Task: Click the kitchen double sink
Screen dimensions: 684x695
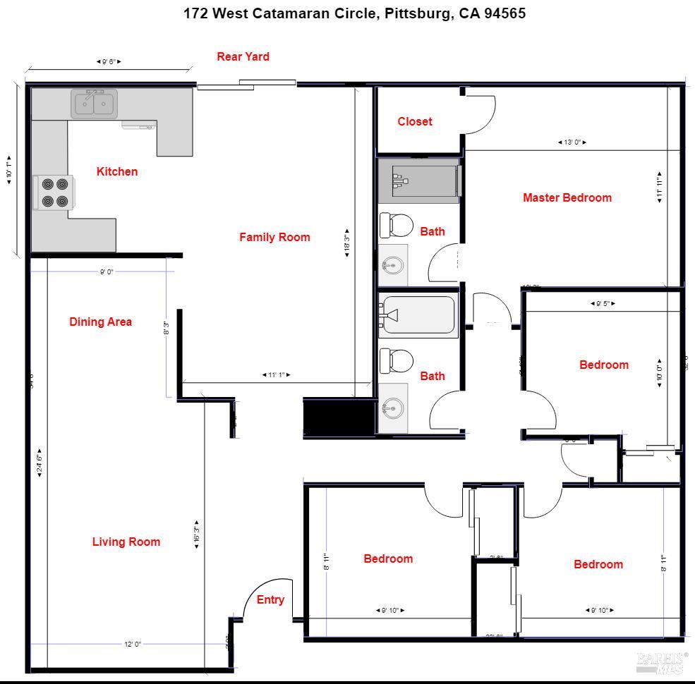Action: (x=95, y=104)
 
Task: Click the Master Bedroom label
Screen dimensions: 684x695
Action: (x=567, y=197)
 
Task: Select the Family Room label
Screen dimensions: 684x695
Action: (x=274, y=237)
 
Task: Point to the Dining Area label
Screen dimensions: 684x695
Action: (x=100, y=322)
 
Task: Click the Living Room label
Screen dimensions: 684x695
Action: (x=126, y=542)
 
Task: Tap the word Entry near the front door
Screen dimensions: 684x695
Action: (x=270, y=599)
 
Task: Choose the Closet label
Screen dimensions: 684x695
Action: (x=415, y=121)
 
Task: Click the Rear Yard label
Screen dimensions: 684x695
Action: (x=243, y=56)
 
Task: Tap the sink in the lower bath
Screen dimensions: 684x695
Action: (x=392, y=408)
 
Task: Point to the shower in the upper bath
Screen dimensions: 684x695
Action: (x=418, y=181)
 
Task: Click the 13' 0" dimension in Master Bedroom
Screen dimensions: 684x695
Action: (x=572, y=142)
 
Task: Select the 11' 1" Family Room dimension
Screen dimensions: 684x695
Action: (x=276, y=375)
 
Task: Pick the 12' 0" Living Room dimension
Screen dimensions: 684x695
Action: (x=132, y=644)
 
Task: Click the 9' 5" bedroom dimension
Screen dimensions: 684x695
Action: (x=603, y=304)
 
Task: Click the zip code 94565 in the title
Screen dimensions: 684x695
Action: (x=504, y=13)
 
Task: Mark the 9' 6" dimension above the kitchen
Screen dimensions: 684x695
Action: (x=109, y=62)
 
